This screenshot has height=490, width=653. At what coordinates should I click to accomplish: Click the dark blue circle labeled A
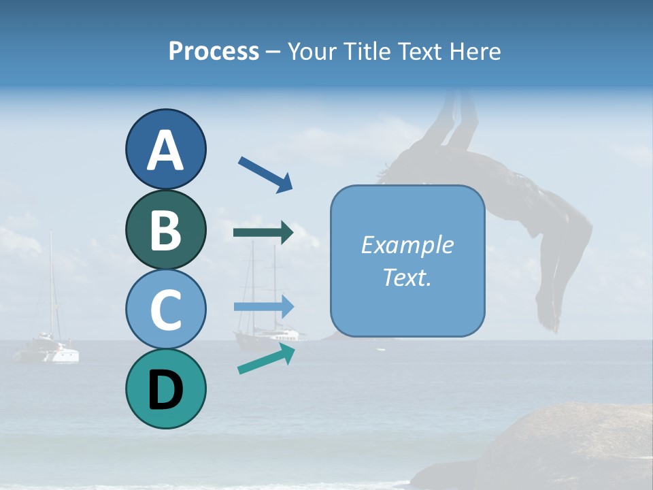(165, 150)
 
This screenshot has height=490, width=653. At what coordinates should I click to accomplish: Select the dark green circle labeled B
(165, 229)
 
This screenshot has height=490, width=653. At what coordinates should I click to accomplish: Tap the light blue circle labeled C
(165, 309)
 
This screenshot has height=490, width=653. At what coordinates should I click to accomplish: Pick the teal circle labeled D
(165, 389)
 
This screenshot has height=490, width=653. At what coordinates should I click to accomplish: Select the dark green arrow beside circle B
(263, 233)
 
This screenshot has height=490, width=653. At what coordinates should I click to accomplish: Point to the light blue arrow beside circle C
(263, 307)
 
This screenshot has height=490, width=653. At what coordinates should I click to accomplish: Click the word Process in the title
(214, 51)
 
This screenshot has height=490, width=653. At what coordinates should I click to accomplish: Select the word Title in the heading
(365, 51)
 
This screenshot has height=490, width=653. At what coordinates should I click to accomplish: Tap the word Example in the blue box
(407, 245)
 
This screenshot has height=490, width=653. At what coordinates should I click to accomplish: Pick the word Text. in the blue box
(407, 277)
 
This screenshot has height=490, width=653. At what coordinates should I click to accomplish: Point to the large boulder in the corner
(544, 449)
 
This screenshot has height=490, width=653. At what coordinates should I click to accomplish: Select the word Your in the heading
(312, 51)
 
